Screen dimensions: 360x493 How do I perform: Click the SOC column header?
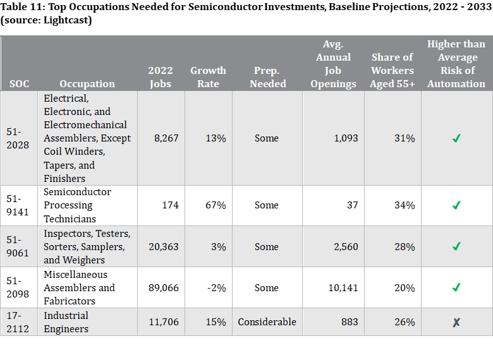click(x=19, y=83)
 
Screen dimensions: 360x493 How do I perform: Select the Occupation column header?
click(x=87, y=83)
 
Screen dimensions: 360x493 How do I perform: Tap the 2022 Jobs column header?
click(x=161, y=76)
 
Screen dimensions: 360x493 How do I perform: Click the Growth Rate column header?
click(x=208, y=76)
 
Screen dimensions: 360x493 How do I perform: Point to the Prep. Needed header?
click(x=267, y=76)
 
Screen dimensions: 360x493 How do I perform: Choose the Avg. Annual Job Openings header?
click(x=333, y=63)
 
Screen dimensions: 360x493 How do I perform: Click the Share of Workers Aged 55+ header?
click(x=393, y=69)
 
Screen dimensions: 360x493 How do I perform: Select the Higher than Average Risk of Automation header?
click(x=456, y=63)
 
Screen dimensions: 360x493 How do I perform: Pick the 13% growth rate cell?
click(x=216, y=138)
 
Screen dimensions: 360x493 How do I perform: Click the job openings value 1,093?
click(x=346, y=138)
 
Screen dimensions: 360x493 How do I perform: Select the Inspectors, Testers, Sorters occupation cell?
click(x=87, y=246)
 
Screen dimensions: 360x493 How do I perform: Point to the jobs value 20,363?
click(x=164, y=246)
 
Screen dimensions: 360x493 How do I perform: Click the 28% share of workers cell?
click(x=405, y=246)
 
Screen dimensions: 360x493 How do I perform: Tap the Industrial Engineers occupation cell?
click(x=66, y=322)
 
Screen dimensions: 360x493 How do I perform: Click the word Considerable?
click(x=267, y=322)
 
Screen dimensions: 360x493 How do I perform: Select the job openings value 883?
click(x=350, y=322)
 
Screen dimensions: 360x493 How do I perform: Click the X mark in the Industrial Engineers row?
click(x=456, y=322)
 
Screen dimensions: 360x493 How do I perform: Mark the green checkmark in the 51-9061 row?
click(x=456, y=246)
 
